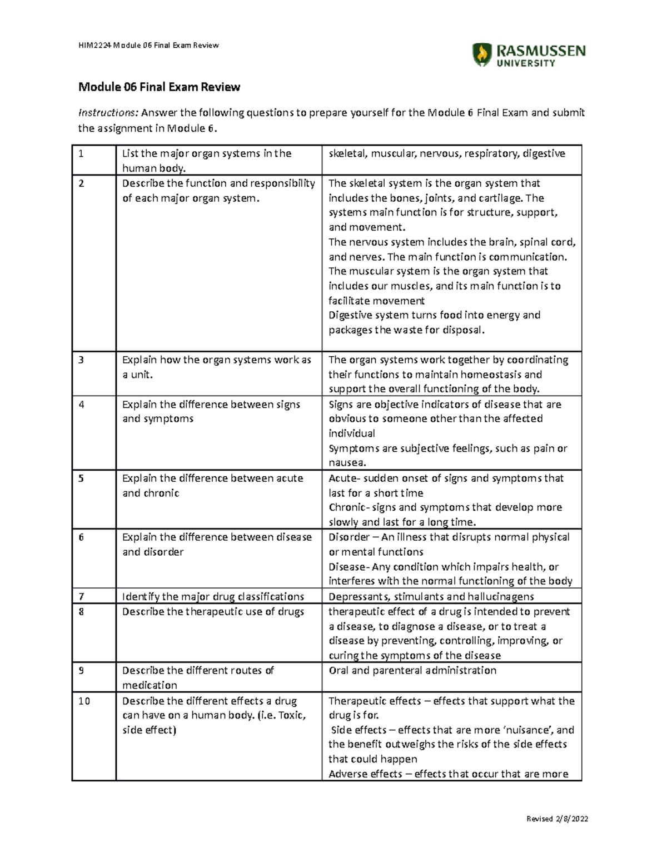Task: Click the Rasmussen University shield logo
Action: coord(482,54)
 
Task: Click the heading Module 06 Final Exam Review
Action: coord(159,87)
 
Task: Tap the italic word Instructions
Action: coord(108,113)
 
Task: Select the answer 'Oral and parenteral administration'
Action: coord(412,670)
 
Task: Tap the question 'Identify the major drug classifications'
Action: coord(213,596)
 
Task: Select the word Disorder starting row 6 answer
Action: coord(349,537)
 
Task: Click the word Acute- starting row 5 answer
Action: coord(345,478)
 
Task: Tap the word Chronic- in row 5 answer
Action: coord(349,507)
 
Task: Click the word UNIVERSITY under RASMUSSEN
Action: coord(525,63)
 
